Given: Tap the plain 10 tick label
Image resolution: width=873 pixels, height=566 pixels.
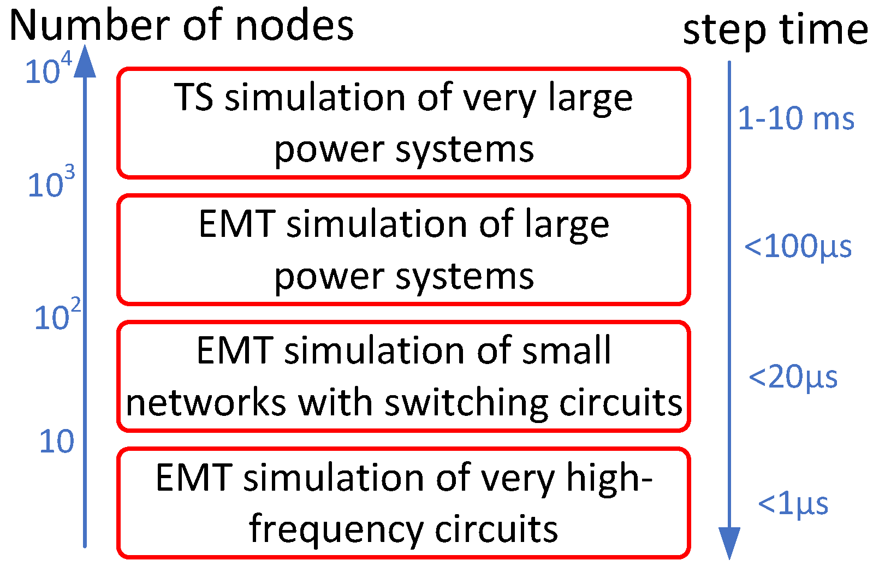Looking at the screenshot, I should point(56,442).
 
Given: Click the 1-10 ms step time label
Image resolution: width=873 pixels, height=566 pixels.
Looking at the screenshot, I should point(795,119).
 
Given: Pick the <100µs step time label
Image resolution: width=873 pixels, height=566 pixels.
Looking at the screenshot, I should point(798,247).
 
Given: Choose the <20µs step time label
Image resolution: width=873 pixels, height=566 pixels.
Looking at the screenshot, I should point(793,378).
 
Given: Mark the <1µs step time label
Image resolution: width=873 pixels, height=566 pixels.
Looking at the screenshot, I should point(793,504).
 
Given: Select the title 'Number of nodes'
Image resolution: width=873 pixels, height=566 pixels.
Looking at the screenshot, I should point(181,26).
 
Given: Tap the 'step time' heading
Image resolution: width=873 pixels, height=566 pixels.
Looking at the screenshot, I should point(775,30).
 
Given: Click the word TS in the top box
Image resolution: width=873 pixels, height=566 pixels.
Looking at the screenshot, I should point(194,98).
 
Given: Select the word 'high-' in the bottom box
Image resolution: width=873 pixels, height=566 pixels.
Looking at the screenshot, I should point(609,478).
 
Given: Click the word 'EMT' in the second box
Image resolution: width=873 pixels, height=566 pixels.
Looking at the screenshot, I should point(236,224).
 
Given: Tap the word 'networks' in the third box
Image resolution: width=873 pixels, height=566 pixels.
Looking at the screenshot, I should point(206,403).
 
